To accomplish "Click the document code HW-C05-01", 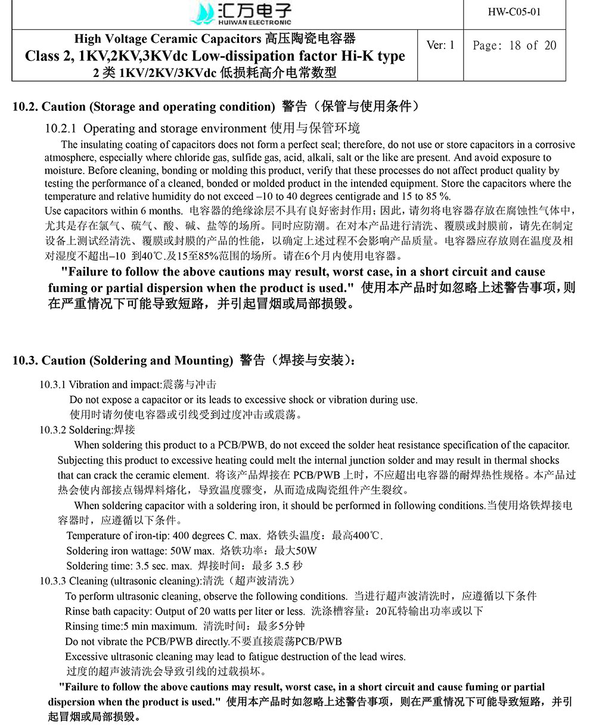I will coord(514,13).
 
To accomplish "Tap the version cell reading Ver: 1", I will coord(440,45).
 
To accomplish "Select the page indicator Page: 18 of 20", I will coord(514,45).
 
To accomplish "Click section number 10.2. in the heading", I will coord(26,107).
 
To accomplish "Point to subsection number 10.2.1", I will coord(62,129).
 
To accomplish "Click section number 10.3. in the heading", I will coord(26,361).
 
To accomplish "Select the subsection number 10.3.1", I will coord(52,385).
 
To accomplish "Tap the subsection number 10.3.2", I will coord(52,430).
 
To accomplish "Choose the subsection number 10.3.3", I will coord(52,581).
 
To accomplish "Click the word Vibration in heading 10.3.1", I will coord(89,385).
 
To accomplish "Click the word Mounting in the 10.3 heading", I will coord(203,361).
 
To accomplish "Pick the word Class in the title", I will coord(44,57).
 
